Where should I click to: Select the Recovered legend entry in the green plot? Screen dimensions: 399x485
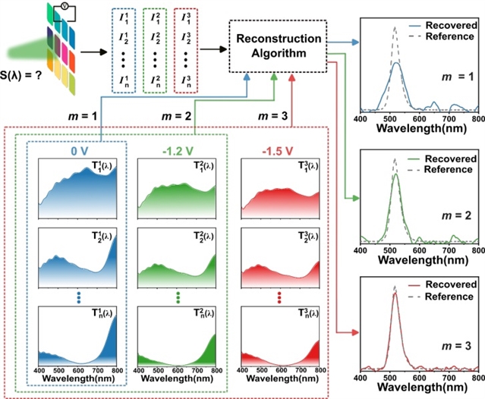[450, 159]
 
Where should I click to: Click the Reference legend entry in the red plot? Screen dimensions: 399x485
[451, 296]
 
